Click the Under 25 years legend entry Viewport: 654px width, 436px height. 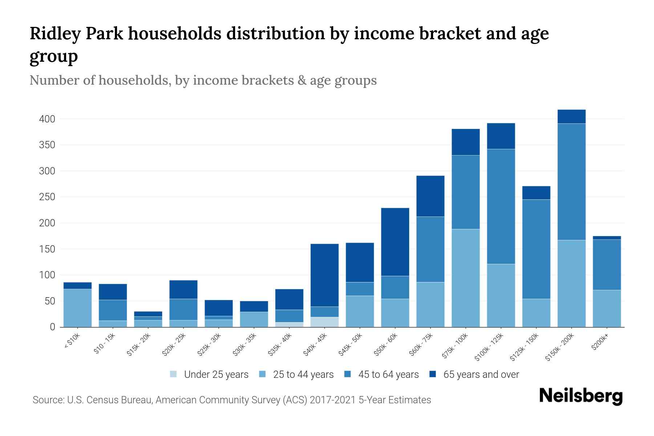click(x=209, y=375)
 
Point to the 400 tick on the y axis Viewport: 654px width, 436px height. click(x=47, y=119)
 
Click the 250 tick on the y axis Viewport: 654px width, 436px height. click(x=47, y=197)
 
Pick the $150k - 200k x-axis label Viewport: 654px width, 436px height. click(x=560, y=347)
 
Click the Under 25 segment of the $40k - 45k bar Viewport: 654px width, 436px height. click(x=324, y=322)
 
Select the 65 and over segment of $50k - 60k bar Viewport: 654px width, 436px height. click(x=395, y=242)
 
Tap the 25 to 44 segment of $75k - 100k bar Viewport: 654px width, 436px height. click(x=465, y=278)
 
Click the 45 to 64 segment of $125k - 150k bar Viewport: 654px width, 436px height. click(x=536, y=249)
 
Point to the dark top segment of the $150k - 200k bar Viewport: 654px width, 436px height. click(x=571, y=117)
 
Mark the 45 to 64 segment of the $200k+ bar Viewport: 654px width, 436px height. click(x=606, y=265)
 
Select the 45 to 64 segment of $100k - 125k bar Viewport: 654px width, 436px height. click(x=501, y=206)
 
